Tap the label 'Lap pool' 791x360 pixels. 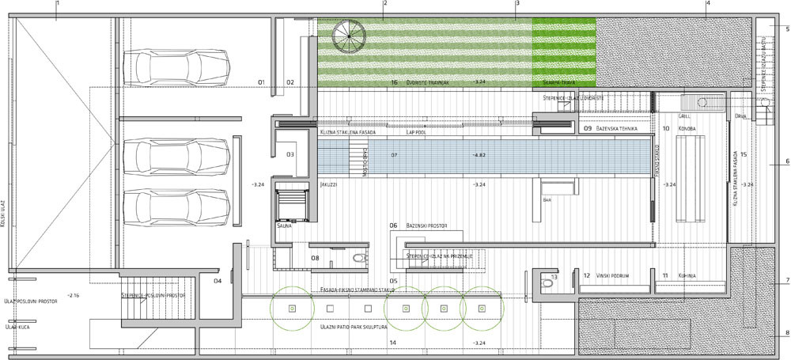417,132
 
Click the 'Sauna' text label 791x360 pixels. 284,225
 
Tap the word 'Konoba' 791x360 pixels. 686,127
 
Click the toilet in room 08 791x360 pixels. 360,257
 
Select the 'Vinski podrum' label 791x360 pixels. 613,275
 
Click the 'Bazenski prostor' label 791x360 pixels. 427,225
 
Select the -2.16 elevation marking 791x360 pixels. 73,295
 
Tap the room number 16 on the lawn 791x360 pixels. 393,81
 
